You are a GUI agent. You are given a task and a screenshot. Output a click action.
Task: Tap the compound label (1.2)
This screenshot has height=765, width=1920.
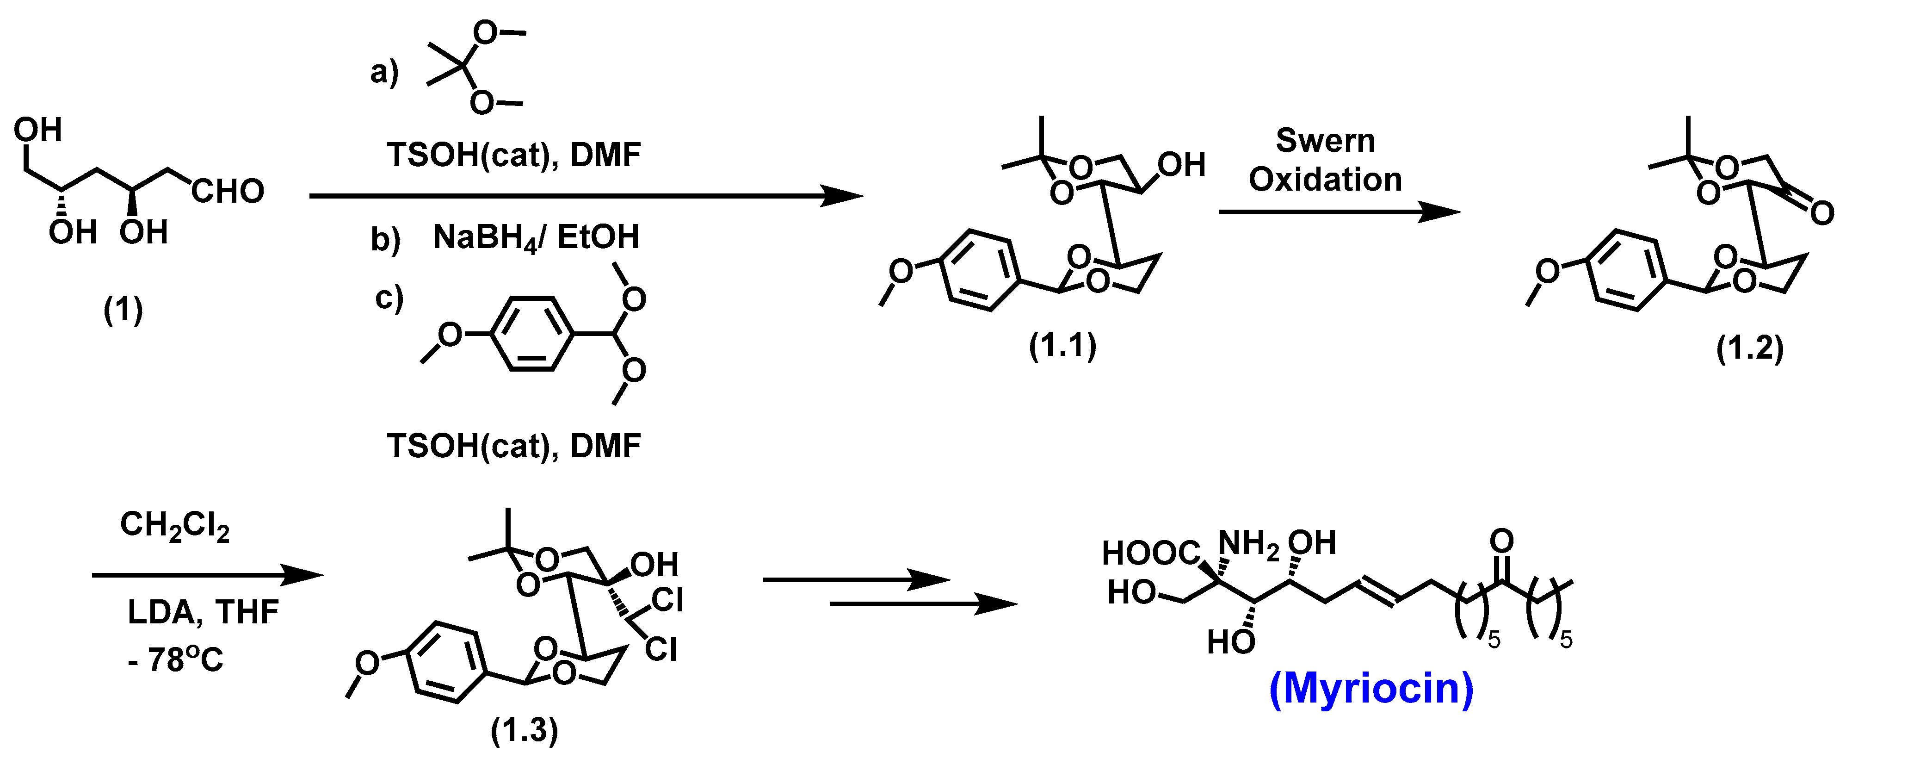tap(1749, 348)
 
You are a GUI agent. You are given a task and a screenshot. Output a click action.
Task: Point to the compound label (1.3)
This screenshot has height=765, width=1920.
tap(524, 730)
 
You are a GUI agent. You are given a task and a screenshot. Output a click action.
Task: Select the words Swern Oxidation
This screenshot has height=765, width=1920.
tap(1325, 160)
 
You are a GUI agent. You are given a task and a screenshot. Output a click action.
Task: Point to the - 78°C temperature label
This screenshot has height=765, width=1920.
tap(176, 659)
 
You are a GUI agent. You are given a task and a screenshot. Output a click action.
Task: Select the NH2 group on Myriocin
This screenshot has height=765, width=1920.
tap(1248, 545)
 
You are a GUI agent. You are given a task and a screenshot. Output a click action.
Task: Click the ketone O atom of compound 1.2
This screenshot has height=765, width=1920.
tap(1821, 214)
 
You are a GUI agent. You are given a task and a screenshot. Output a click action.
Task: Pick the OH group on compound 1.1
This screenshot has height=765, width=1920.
tap(1181, 165)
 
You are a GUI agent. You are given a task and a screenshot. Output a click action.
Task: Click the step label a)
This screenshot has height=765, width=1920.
tap(384, 72)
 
